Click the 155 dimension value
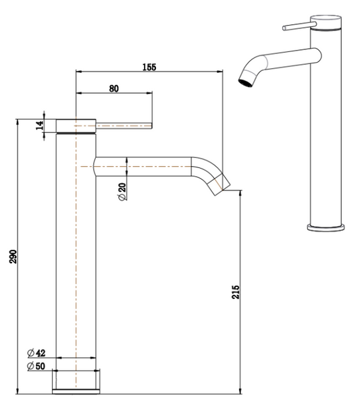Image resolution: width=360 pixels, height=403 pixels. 149,67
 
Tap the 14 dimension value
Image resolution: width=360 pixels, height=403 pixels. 40,124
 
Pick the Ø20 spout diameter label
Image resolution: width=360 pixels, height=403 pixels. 122,192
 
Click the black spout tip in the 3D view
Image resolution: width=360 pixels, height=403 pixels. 244,82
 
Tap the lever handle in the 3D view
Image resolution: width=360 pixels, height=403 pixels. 295,28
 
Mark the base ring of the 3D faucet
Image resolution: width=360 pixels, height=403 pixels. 328,227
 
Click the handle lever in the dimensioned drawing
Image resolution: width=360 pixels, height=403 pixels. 126,126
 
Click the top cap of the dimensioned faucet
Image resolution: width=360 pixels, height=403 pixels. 76,126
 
